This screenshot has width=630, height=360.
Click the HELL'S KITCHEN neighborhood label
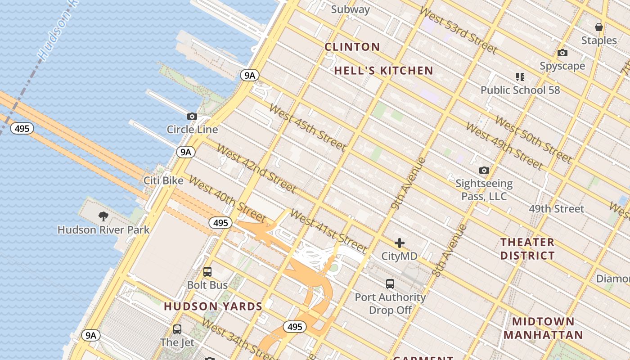[383, 71]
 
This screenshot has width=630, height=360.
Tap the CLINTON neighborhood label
[352, 47]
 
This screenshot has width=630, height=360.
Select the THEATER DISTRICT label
[527, 249]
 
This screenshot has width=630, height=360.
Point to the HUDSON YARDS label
[213, 306]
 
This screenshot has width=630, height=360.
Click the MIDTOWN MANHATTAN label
[543, 328]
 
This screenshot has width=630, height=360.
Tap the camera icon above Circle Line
[192, 116]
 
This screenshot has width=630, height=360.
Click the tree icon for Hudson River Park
[103, 216]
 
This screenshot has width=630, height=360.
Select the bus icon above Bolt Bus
[207, 271]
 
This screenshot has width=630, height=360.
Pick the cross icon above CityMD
[399, 243]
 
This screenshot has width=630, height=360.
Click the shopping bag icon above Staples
[598, 27]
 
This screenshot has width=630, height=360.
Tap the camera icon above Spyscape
[562, 53]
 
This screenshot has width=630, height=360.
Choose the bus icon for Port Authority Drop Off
[390, 284]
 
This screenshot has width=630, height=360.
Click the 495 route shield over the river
[22, 129]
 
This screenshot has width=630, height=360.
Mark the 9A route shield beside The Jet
[91, 335]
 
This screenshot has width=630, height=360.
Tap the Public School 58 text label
[520, 90]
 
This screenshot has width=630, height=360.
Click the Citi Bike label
[163, 180]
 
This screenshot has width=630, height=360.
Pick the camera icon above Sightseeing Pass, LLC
[484, 170]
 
